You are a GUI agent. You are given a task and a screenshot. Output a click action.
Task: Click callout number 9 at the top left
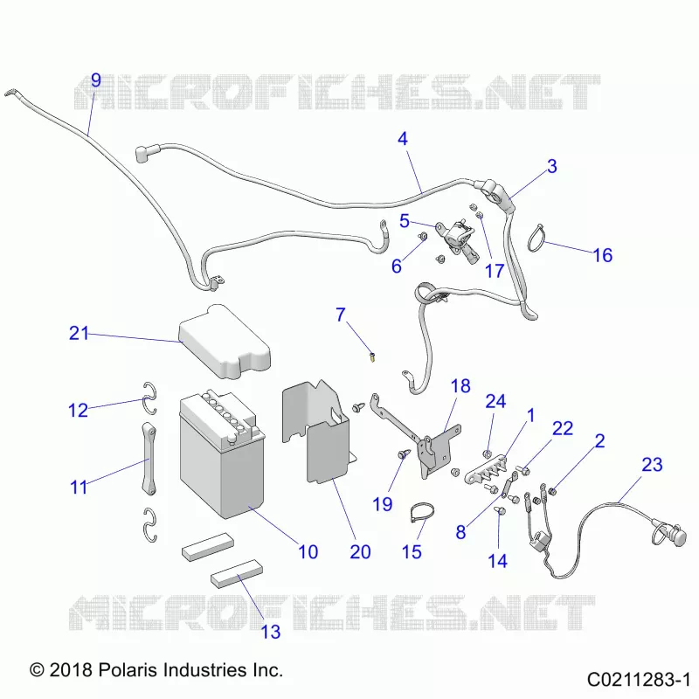click(x=96, y=80)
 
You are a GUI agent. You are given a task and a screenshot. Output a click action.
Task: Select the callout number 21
click(x=79, y=333)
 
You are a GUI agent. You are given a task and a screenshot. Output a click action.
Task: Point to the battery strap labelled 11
click(x=149, y=460)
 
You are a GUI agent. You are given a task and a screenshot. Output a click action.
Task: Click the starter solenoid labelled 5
click(x=456, y=239)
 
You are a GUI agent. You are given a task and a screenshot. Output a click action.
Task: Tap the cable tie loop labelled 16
click(x=536, y=238)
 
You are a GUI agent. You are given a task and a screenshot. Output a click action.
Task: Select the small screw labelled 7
click(x=372, y=356)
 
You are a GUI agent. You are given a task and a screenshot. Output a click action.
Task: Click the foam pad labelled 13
click(x=237, y=572)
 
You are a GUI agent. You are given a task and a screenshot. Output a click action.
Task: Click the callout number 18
click(x=460, y=386)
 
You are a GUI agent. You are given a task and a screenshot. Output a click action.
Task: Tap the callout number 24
click(x=495, y=401)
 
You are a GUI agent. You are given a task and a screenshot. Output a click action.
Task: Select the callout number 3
click(x=552, y=166)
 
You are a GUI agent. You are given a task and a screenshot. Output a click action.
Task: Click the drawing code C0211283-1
click(x=639, y=680)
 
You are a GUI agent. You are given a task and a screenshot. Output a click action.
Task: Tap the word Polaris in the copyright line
click(x=128, y=669)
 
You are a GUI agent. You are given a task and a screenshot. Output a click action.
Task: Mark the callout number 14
click(x=497, y=561)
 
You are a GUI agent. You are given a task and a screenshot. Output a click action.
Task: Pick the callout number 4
click(x=403, y=139)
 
